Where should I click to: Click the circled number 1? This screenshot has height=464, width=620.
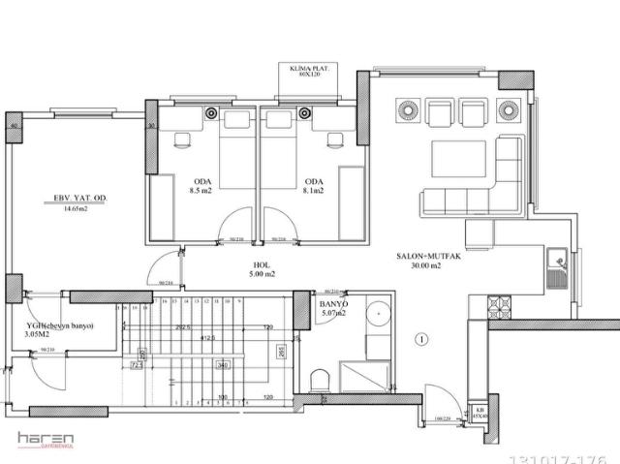(420, 339)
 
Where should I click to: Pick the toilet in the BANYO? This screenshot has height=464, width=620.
(322, 379)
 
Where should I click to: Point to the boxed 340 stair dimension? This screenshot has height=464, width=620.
(222, 365)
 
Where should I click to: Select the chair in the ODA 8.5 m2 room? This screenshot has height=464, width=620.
(183, 139)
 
